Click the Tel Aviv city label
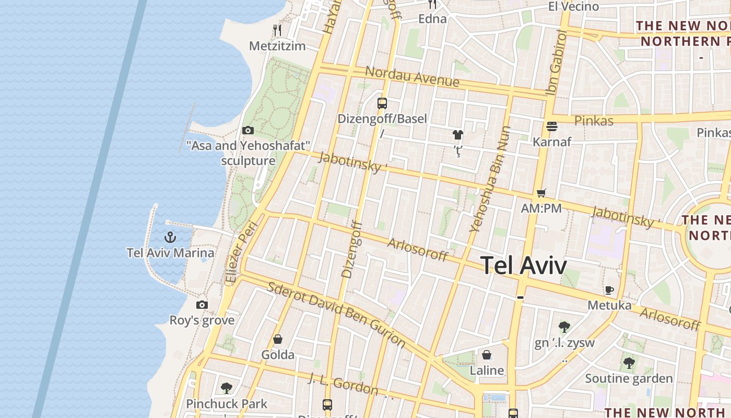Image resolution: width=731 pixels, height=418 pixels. click(x=523, y=265)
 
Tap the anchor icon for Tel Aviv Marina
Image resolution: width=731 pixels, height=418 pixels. click(x=170, y=238)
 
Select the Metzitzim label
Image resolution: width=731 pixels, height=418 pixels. click(x=277, y=46)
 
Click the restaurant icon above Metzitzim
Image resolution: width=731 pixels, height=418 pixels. click(x=277, y=30)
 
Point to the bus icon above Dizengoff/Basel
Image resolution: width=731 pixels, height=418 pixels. click(x=382, y=103)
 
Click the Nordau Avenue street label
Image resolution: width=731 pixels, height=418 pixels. click(x=412, y=77)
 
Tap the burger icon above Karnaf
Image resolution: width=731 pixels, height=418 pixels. click(x=552, y=126)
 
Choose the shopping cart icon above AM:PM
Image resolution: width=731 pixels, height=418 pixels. click(x=541, y=193)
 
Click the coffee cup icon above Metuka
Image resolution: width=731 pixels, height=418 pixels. click(x=609, y=290)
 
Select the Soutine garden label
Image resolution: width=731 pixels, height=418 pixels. click(x=629, y=378)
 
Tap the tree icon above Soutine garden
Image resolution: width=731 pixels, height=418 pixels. click(x=629, y=363)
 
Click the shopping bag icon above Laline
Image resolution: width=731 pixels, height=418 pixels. click(x=487, y=355)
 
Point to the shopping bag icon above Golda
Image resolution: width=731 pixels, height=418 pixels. click(x=278, y=340)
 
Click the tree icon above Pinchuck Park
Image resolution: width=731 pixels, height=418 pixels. click(x=227, y=388)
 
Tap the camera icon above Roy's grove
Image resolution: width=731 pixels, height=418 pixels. click(x=202, y=305)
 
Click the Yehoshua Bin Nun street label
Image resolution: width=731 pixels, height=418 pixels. click(x=489, y=179)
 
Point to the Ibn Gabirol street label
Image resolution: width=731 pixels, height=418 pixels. click(x=556, y=63)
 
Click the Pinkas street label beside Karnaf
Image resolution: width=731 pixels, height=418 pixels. click(x=594, y=121)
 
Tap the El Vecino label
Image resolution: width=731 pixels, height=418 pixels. click(x=573, y=6)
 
